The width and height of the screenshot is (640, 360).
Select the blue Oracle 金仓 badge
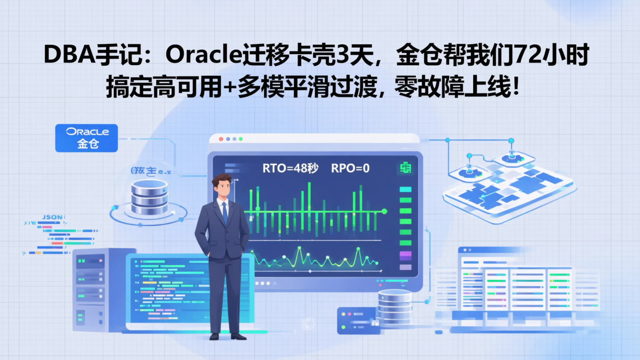pos(87,138)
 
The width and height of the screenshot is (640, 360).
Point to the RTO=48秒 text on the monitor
pos(290,168)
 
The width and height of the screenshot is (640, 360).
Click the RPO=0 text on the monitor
pos(350,168)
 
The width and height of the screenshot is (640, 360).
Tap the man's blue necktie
pos(225,213)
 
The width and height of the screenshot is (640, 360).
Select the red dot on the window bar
pos(221,139)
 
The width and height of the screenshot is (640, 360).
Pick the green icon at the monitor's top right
pos(404,168)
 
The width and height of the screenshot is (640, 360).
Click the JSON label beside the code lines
pos(52,217)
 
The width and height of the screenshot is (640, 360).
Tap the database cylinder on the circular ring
pos(149,196)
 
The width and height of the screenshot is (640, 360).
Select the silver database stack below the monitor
pos(395,307)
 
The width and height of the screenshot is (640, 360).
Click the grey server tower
pos(91,289)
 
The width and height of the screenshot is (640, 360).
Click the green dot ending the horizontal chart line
pos(384,211)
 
